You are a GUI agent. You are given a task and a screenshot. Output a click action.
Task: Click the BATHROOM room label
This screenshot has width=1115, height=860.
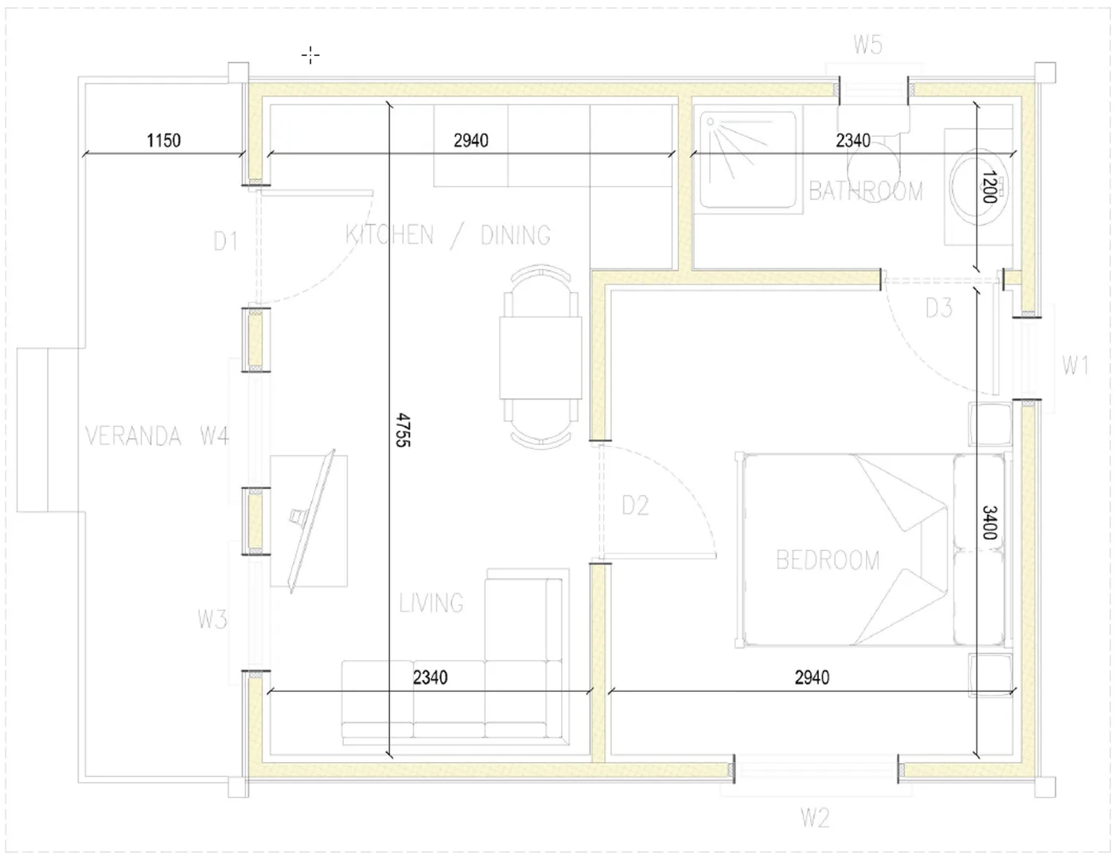point(866,191)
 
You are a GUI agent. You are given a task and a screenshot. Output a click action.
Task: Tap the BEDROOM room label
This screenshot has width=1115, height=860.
point(828,560)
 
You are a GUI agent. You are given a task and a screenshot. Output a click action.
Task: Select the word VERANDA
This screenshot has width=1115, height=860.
point(133,436)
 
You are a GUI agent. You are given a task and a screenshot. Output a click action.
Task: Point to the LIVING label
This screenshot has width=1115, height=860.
point(431,603)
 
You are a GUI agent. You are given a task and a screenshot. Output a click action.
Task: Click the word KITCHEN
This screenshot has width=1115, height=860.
point(389,235)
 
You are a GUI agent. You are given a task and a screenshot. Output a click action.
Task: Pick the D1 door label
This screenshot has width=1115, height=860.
point(226,241)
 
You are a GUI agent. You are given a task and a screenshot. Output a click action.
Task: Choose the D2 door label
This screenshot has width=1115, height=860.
point(635,506)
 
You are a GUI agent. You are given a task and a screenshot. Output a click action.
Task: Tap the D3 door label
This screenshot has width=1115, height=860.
point(938,308)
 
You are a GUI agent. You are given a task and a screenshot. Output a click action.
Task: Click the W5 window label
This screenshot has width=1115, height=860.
point(867,45)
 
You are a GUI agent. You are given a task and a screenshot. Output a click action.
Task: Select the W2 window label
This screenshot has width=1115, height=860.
point(815,817)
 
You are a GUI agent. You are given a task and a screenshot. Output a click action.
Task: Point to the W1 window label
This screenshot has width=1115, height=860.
point(1075,365)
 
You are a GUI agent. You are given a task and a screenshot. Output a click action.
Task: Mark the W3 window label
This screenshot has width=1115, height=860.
point(212,620)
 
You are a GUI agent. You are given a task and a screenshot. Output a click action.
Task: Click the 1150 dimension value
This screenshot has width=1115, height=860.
point(164,140)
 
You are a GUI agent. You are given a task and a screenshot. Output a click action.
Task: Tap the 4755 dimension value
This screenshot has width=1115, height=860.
point(404,430)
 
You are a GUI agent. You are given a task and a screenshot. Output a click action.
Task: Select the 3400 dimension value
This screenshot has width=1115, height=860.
point(990,522)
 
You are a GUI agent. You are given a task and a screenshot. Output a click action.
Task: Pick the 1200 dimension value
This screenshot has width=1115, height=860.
point(988,186)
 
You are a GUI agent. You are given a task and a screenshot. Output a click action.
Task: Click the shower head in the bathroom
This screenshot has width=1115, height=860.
point(711,122)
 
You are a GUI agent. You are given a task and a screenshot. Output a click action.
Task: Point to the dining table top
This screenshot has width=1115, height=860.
point(540,358)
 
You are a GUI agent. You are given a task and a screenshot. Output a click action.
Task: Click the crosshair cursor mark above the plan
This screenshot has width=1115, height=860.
point(310,55)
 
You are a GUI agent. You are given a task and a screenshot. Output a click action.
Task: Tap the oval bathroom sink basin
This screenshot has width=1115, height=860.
point(977,187)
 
